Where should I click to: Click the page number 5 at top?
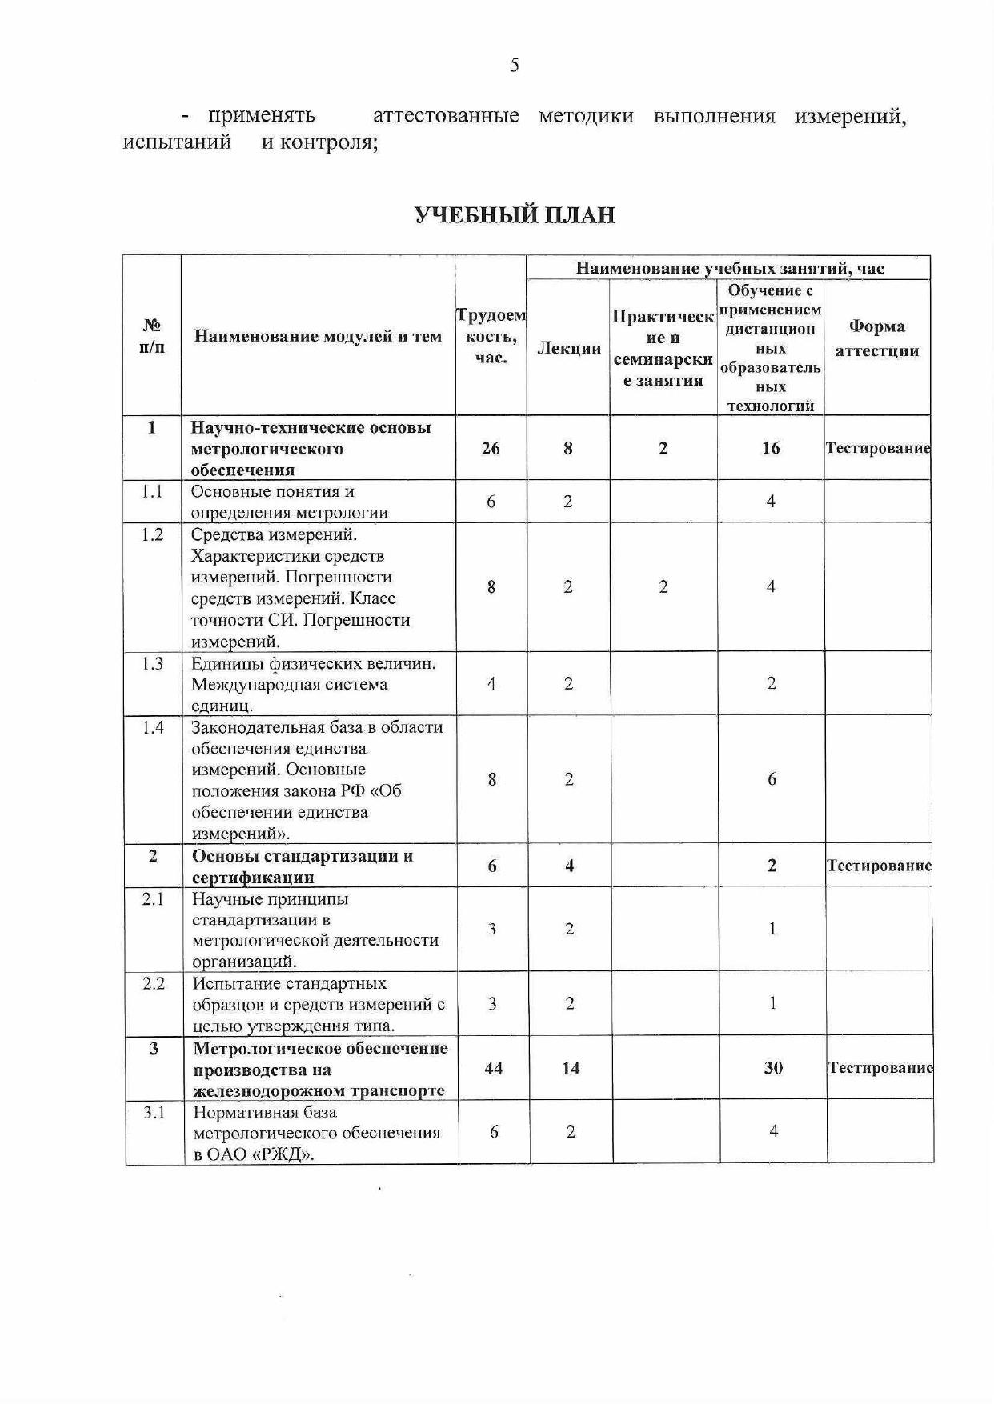point(514,65)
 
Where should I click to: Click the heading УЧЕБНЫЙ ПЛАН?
point(515,215)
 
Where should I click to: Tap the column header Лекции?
point(568,348)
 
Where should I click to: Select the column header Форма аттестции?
point(876,338)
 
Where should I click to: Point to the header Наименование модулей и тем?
point(318,336)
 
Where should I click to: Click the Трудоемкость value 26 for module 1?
point(491,448)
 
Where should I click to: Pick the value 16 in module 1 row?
point(770,448)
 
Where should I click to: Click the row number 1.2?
point(152,534)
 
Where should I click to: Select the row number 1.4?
point(152,727)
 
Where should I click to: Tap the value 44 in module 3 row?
point(493,1068)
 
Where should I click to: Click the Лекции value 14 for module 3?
point(570,1068)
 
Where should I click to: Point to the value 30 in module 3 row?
point(772,1068)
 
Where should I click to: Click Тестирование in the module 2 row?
point(879,866)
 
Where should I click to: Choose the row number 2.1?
point(153,899)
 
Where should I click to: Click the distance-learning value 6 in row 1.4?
point(772,779)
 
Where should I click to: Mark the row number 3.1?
point(154,1112)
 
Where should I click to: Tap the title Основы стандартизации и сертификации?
point(303,866)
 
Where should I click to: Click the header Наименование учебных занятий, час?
point(729,268)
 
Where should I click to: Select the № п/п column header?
point(152,336)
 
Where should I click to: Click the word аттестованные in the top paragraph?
point(445,116)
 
